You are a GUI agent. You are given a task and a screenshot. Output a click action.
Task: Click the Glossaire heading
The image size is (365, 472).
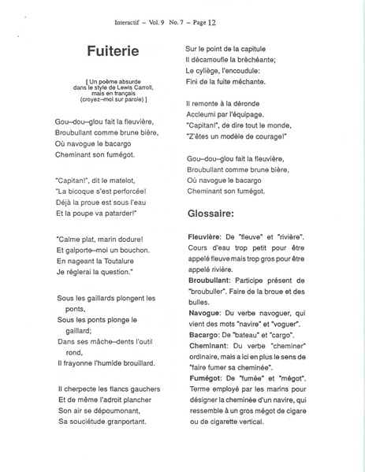(216, 212)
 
